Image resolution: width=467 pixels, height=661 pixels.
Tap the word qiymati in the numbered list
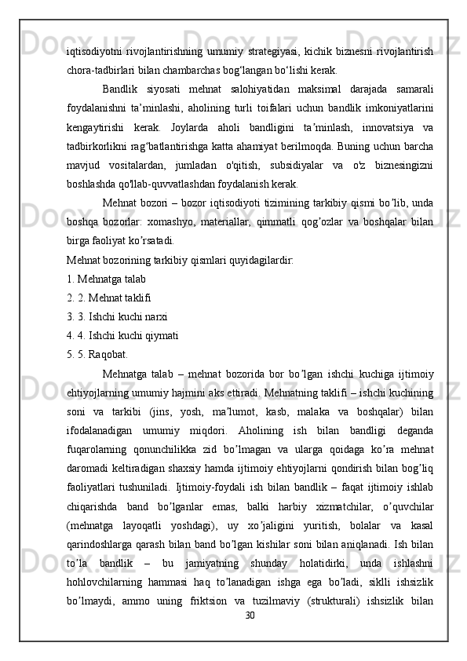click(161, 315)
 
